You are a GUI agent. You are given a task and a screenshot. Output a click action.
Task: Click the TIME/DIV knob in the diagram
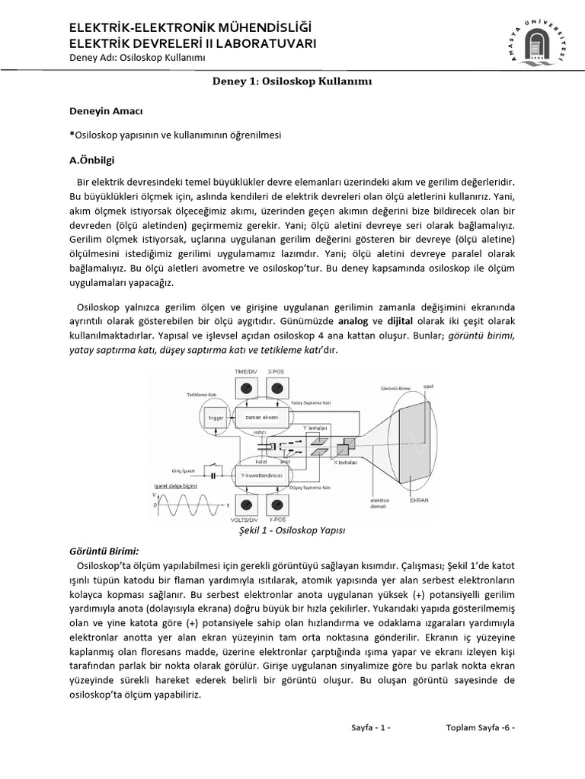point(246,388)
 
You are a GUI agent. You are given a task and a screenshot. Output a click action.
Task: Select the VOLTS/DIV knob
point(247,504)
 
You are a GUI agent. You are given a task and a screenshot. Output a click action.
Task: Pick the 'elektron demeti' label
point(382,504)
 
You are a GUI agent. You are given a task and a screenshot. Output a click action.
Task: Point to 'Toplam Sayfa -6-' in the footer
point(480,727)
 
